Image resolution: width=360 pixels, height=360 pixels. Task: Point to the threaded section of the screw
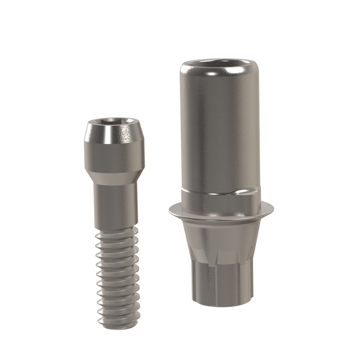[x=117, y=274]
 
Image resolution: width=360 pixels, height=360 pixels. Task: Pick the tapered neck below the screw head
[x=115, y=178]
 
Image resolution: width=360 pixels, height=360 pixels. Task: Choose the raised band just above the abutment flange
[x=221, y=199]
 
